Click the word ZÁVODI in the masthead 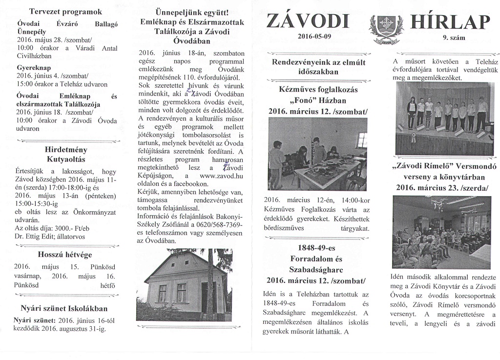click(309, 21)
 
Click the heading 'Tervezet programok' click(65, 11)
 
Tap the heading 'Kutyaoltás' click(66, 160)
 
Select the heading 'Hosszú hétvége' click(65, 254)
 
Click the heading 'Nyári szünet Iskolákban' click(64, 308)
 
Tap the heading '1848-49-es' click(318, 248)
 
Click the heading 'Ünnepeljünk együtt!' click(192, 12)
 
